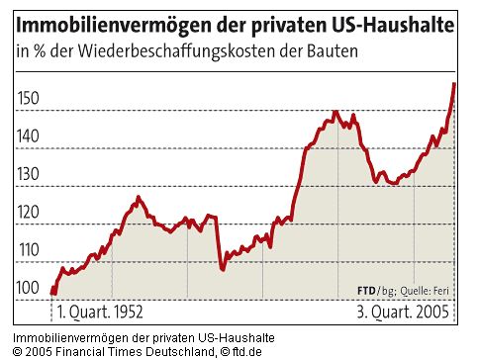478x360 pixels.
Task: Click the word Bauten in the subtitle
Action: [329, 50]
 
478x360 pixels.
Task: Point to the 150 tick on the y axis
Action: [31, 98]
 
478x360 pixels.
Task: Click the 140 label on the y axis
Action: [31, 136]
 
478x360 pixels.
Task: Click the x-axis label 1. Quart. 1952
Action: [100, 312]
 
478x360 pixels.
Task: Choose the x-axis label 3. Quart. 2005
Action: [402, 312]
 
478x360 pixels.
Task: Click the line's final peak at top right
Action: [453, 84]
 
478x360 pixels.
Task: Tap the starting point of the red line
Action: [51, 292]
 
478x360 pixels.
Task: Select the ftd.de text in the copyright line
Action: [243, 351]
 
